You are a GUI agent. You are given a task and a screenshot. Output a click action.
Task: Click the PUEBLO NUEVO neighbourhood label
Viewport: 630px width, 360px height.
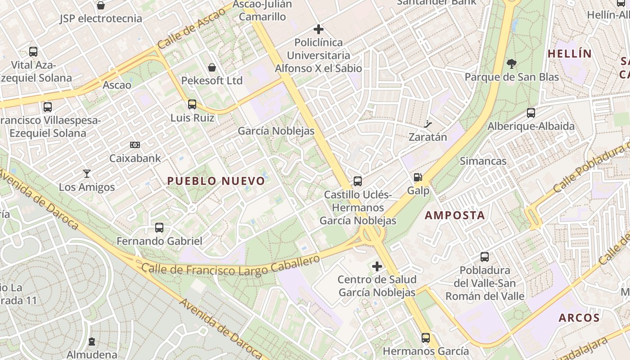[x=216, y=181]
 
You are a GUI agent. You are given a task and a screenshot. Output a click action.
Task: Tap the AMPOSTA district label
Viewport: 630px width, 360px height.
[x=455, y=216]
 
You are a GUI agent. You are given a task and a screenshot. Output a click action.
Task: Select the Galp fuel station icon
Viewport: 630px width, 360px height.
[x=418, y=177]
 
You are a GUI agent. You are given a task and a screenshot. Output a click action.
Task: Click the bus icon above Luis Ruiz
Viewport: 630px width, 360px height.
[x=192, y=104]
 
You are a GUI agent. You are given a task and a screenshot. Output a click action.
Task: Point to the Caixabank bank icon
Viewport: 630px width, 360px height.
[x=135, y=145]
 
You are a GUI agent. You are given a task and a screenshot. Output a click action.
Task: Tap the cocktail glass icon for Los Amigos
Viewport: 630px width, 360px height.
[x=87, y=174]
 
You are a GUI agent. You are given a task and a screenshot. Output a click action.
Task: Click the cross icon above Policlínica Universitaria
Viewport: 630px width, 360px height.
[x=319, y=30]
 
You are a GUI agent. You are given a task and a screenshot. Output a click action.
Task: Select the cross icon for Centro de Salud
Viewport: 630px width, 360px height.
[x=377, y=266]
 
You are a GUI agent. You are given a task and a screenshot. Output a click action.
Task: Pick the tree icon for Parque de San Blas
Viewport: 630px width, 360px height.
[x=512, y=64]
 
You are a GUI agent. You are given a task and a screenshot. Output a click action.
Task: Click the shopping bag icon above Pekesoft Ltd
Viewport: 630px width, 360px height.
[x=212, y=67]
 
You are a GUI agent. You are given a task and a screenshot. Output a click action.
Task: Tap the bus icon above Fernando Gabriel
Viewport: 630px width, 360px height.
[x=159, y=228]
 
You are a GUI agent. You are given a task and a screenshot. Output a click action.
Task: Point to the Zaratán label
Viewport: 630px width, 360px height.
[x=427, y=137]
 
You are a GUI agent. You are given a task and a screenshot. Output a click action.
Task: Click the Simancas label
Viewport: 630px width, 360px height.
[x=483, y=161]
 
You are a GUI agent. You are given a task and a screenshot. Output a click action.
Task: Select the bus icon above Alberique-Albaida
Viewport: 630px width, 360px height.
[x=531, y=113]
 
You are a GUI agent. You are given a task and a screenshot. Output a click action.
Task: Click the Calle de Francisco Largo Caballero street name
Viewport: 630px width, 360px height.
[x=231, y=266]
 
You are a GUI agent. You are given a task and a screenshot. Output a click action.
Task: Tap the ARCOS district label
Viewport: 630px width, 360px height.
[x=579, y=318]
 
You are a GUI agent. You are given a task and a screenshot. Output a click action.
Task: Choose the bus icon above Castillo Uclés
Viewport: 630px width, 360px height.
[x=358, y=181]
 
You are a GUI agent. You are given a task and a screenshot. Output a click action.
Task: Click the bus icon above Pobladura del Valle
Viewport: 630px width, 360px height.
[x=485, y=257]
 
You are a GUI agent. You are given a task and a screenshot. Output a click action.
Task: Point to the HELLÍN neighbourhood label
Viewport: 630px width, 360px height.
[x=570, y=54]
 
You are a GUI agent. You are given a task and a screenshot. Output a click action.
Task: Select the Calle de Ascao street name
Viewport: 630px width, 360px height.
[x=191, y=28]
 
